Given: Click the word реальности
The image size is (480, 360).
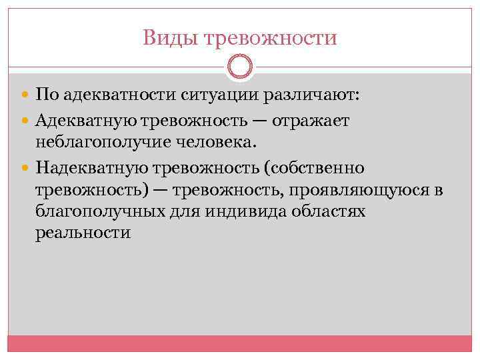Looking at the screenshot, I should pos(83,233).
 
